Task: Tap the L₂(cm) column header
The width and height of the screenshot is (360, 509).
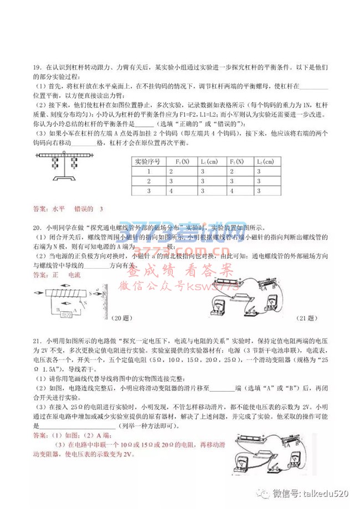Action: [265, 162]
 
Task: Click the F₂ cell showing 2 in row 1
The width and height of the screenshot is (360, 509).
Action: [233, 172]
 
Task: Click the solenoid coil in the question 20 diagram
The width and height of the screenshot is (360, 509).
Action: [66, 292]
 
